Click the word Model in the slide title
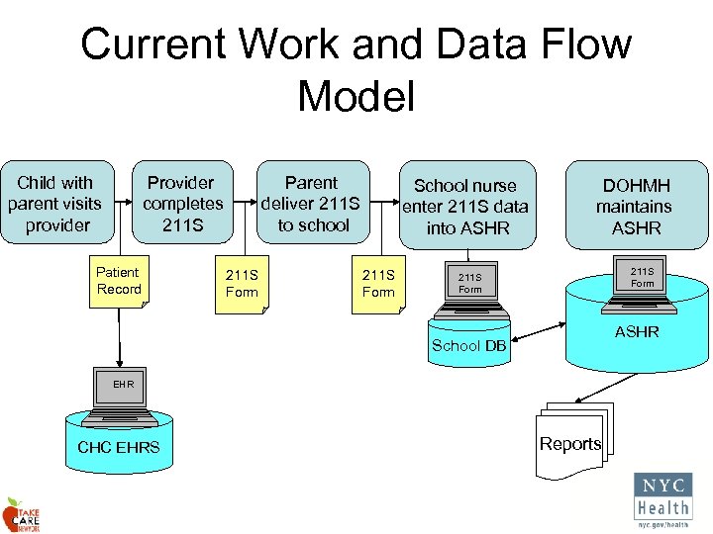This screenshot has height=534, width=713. (356, 97)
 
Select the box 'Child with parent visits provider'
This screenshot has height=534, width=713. (54, 204)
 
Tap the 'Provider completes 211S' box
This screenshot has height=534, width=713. (182, 204)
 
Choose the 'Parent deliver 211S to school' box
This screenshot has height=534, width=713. (311, 204)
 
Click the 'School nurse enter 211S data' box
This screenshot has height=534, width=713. (464, 206)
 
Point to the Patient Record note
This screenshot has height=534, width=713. (119, 281)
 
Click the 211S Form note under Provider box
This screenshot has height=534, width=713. (242, 284)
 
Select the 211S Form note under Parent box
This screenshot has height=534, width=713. (378, 284)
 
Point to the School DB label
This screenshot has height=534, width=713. (468, 345)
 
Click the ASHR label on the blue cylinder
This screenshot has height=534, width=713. (636, 332)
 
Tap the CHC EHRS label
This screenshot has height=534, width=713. (118, 448)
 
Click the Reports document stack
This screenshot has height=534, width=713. (571, 435)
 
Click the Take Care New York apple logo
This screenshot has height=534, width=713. (21, 514)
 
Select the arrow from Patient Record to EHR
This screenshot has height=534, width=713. (119, 336)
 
